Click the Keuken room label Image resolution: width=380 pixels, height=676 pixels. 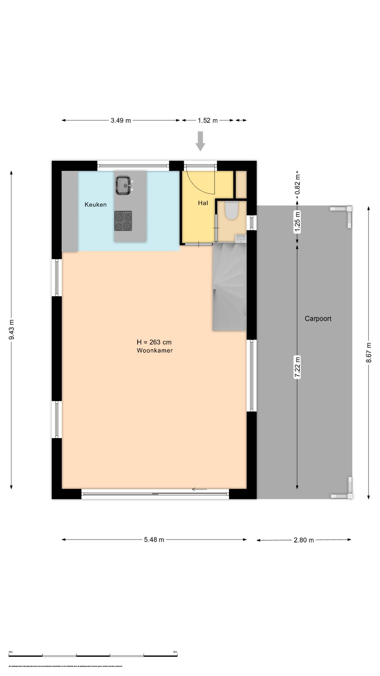pyautogui.click(x=95, y=205)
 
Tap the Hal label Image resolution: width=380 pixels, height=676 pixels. pyautogui.click(x=203, y=203)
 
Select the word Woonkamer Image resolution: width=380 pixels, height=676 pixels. pyautogui.click(x=155, y=351)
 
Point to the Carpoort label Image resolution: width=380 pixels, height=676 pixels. pyautogui.click(x=318, y=319)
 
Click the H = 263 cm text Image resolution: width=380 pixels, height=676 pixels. pyautogui.click(x=154, y=342)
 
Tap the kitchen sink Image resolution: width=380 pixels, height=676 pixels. pyautogui.click(x=123, y=185)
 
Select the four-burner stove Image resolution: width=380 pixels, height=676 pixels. pyautogui.click(x=123, y=221)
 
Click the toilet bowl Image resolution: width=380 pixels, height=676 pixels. pyautogui.click(x=231, y=210)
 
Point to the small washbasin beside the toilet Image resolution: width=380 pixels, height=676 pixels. pyautogui.click(x=241, y=239)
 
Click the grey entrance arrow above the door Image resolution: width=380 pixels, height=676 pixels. pyautogui.click(x=200, y=141)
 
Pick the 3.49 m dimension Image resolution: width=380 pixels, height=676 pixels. pyautogui.click(x=121, y=120)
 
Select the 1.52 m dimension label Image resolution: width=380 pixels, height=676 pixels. pyautogui.click(x=208, y=120)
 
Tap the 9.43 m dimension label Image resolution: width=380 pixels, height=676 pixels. pyautogui.click(x=12, y=330)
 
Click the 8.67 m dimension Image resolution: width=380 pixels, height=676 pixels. pyautogui.click(x=368, y=352)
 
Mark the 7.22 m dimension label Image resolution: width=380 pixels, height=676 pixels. pyautogui.click(x=297, y=367)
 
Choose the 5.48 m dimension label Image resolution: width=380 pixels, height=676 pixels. pyautogui.click(x=154, y=540)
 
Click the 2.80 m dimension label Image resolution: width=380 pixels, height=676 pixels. pyautogui.click(x=304, y=540)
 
